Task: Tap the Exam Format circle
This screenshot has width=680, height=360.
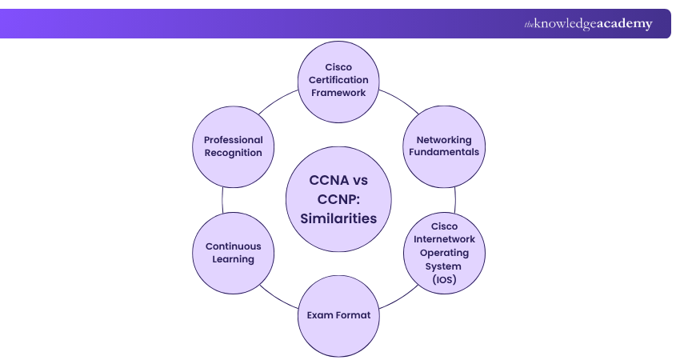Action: (338, 315)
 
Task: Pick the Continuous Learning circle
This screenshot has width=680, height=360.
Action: (233, 252)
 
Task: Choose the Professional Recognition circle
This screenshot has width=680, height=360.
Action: (233, 146)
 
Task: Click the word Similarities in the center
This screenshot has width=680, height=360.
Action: (338, 218)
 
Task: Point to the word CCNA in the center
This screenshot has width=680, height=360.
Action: (324, 180)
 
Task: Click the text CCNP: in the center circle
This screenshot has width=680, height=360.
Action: (338, 198)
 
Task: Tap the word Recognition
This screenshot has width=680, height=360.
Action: (233, 153)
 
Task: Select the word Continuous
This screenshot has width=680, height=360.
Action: (233, 246)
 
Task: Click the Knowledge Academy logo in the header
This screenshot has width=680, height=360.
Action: (588, 24)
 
